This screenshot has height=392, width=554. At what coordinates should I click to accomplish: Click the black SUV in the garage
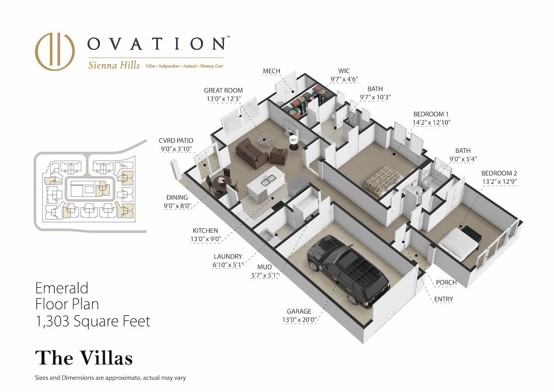click(348, 271)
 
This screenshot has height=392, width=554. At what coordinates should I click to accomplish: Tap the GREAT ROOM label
click(223, 90)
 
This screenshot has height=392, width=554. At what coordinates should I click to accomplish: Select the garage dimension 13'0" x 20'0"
click(300, 320)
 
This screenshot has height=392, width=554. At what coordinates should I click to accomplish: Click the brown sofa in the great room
click(252, 153)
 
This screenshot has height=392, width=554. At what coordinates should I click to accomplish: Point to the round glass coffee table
click(265, 140)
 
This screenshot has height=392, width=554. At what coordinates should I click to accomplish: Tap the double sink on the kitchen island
click(268, 180)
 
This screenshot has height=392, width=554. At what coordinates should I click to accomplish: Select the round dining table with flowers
click(222, 183)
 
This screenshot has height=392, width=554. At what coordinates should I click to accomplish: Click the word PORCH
click(446, 283)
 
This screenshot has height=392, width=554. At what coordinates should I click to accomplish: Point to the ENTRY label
click(444, 299)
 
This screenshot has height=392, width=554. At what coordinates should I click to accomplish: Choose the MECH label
click(271, 71)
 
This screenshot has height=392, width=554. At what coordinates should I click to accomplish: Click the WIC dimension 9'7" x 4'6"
click(344, 79)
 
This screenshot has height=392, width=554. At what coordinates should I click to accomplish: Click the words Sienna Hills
click(114, 65)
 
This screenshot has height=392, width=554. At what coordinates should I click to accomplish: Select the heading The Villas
click(84, 358)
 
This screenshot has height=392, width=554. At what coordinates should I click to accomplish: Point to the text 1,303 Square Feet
click(93, 321)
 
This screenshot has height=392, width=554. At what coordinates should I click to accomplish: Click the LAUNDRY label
click(228, 256)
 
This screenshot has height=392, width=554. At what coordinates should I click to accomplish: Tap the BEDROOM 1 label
click(431, 114)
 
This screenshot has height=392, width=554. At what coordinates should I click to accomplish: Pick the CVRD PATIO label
click(176, 141)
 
